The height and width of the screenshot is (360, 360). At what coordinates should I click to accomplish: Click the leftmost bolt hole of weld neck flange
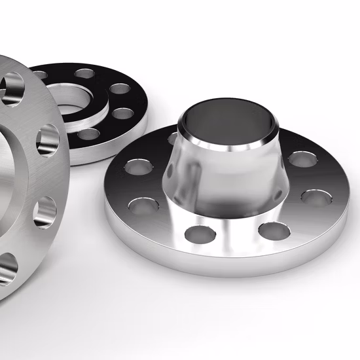[137, 166]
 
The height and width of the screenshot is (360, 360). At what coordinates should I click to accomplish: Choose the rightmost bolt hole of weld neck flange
[314, 196]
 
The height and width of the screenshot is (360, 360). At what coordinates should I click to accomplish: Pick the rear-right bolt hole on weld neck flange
[302, 158]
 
